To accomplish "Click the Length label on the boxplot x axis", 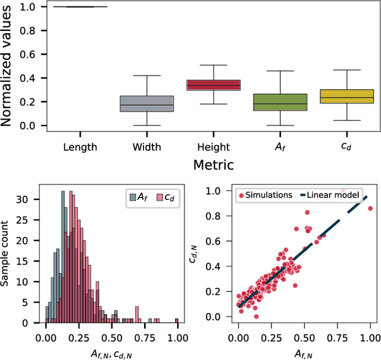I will [x=80, y=146].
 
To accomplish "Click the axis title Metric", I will [x=213, y=164].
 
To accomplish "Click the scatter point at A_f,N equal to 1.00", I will [x=370, y=208].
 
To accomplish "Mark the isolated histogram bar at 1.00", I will [x=177, y=321].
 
